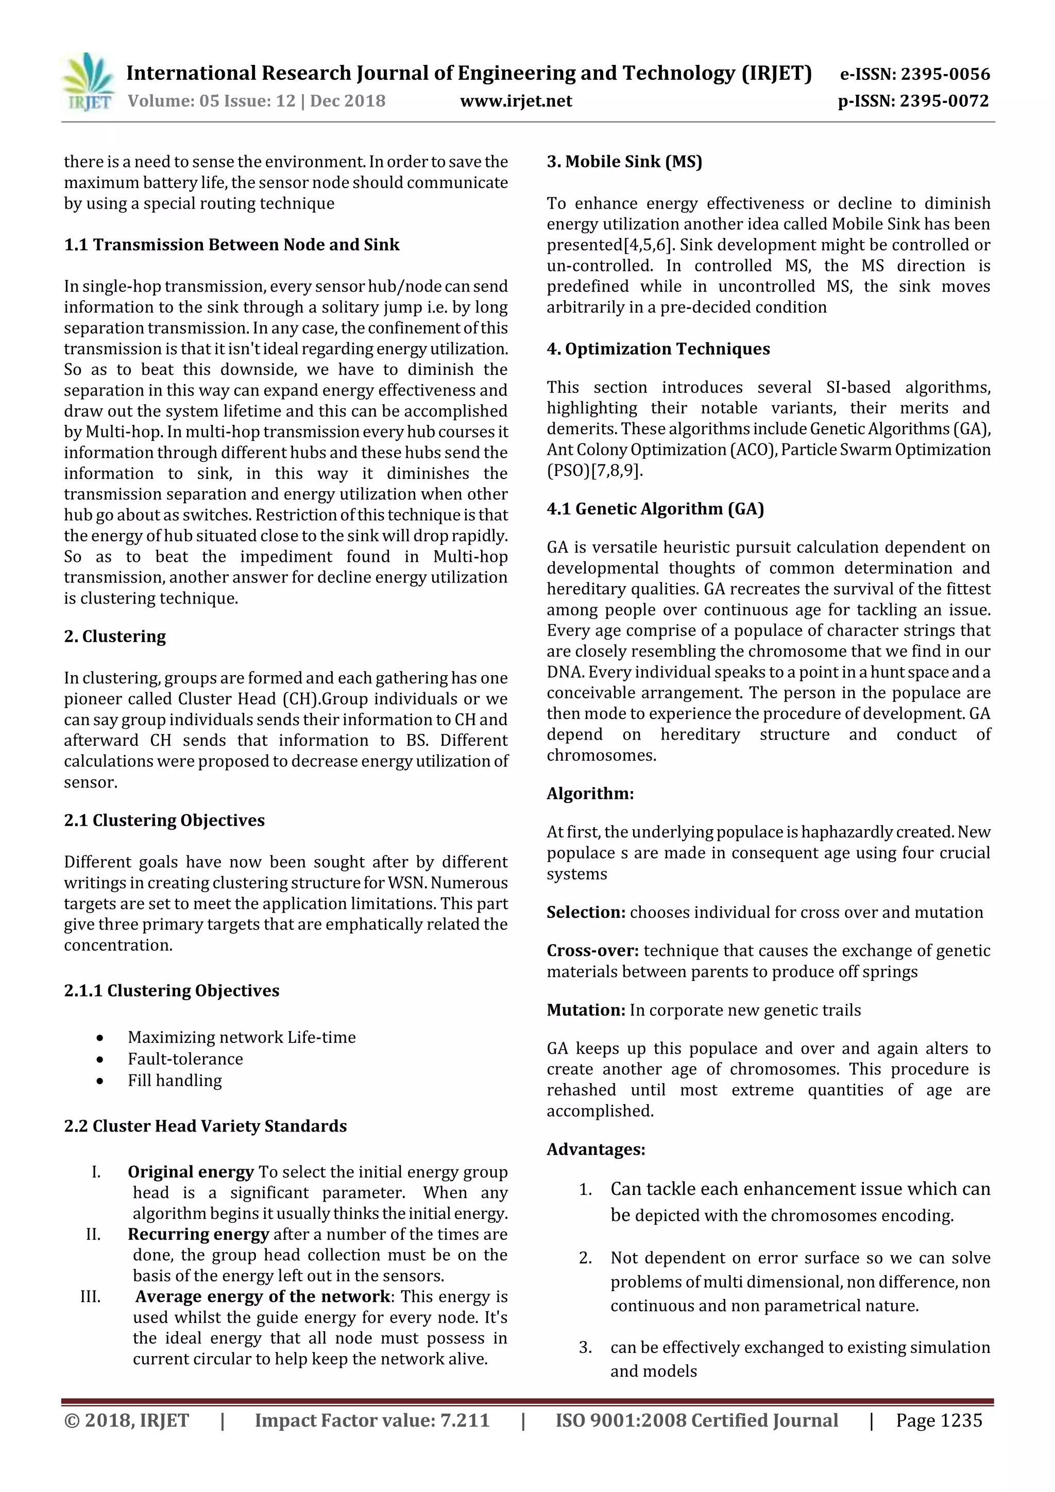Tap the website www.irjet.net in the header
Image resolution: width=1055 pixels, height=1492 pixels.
tap(516, 101)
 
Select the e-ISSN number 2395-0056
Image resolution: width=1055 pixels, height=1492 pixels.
tap(944, 74)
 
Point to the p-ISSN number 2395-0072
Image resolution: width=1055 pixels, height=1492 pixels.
tap(944, 101)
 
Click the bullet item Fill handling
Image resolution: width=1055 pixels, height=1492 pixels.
tap(174, 1080)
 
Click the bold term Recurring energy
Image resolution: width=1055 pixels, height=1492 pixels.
tap(198, 1234)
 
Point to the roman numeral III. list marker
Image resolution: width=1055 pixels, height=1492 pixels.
tap(90, 1296)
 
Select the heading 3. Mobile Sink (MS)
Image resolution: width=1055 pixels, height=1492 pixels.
tap(624, 161)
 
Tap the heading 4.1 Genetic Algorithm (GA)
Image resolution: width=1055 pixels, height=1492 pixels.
tap(655, 508)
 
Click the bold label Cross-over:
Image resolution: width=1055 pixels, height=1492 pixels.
tap(592, 951)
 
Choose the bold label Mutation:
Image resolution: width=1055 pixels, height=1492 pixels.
tap(586, 1010)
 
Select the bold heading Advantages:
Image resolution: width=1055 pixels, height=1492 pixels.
tap(595, 1149)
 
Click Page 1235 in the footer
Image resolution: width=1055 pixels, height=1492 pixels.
tap(939, 1420)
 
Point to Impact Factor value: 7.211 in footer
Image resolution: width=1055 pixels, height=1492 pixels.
tap(372, 1420)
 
